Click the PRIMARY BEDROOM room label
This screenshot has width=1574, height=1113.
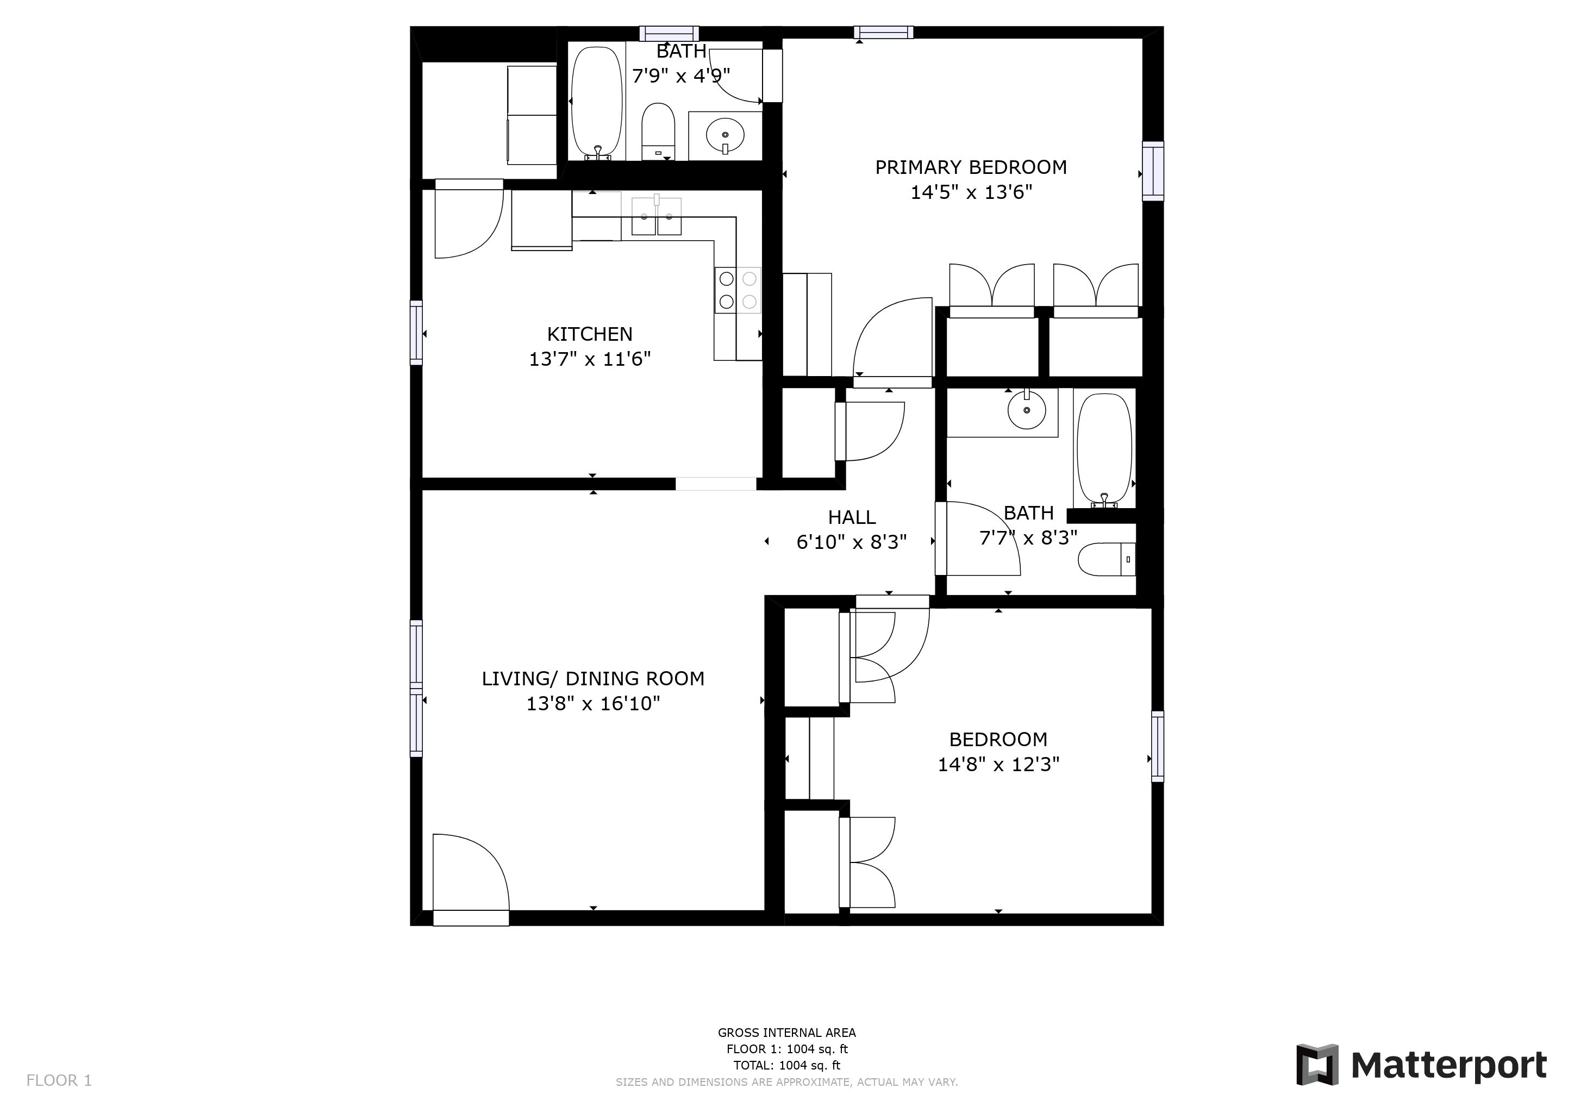(x=971, y=167)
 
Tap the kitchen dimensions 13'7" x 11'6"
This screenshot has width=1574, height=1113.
(x=590, y=359)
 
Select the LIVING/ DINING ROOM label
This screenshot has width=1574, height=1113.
(x=593, y=678)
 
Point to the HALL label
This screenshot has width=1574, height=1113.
(x=852, y=517)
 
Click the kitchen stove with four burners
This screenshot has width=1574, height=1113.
(x=738, y=290)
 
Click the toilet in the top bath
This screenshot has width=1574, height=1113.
(x=658, y=132)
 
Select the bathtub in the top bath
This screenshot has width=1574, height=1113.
(x=597, y=103)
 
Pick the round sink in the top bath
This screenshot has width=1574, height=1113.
(x=724, y=135)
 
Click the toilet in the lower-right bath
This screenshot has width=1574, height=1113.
(x=1107, y=559)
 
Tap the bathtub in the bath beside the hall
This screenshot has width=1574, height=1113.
(x=1104, y=449)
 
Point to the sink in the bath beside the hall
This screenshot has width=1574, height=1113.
(x=1026, y=410)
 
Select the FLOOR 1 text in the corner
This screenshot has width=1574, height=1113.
(x=59, y=1081)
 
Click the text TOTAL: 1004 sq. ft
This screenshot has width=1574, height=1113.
(x=786, y=1065)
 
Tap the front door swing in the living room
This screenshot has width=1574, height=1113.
(x=472, y=872)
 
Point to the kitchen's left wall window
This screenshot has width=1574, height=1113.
(x=416, y=333)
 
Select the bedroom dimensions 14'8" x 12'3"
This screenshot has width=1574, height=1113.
(x=998, y=764)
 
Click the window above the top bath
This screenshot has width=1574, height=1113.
(x=669, y=33)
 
